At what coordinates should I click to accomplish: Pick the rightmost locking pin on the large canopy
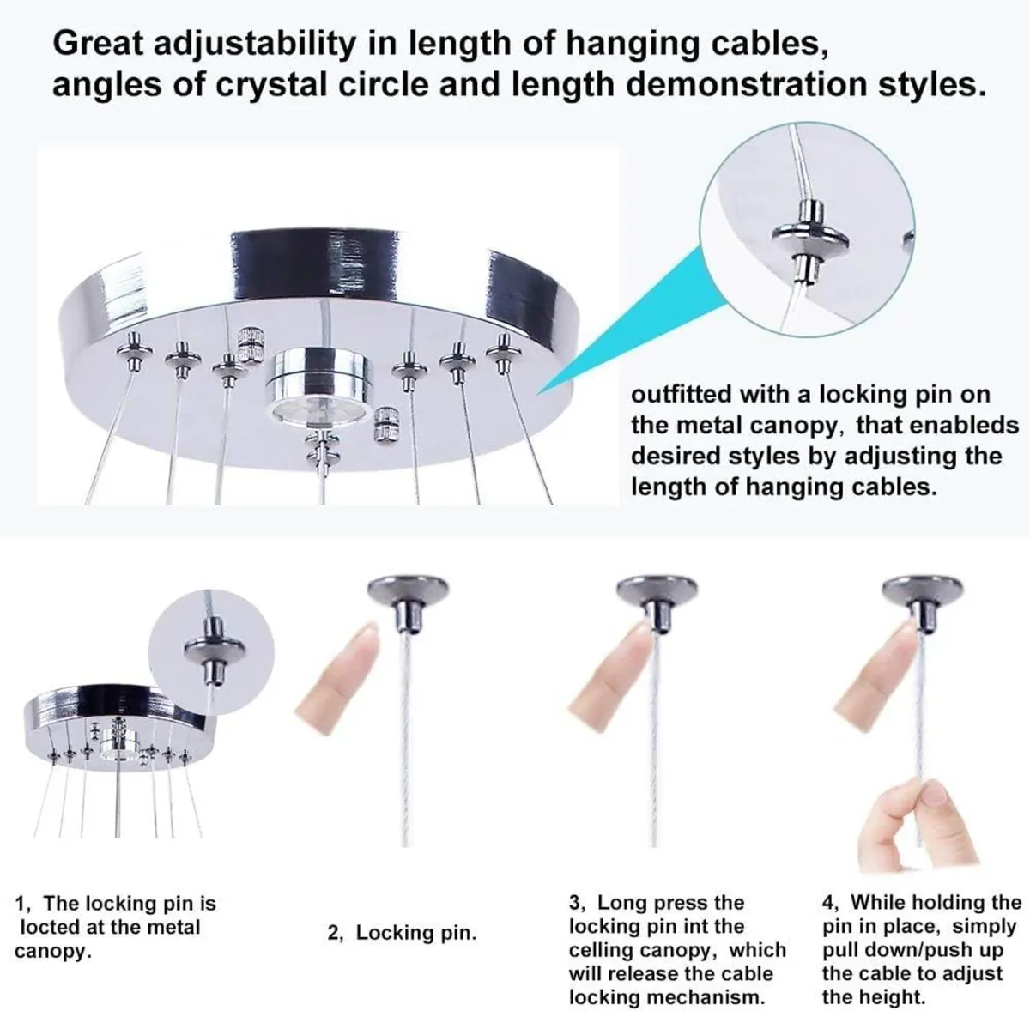(x=502, y=349)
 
